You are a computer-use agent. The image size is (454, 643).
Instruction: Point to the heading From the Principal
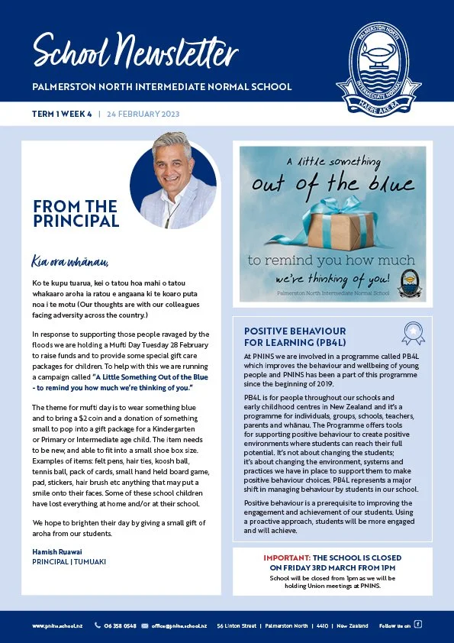[x=76, y=214]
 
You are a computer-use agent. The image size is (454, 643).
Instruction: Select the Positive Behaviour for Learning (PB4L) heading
[x=295, y=337]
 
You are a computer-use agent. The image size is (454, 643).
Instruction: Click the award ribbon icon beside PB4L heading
[x=413, y=333]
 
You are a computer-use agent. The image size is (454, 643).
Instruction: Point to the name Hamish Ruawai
[x=57, y=552]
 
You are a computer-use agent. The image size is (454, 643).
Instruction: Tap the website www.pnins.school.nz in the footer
[x=57, y=625]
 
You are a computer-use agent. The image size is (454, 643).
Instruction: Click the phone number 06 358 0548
[x=121, y=625]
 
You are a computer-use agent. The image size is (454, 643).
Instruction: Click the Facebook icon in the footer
[x=417, y=625]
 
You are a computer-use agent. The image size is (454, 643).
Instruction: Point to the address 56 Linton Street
[x=237, y=625]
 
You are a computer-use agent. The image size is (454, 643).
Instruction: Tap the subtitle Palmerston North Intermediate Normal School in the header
[x=162, y=87]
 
